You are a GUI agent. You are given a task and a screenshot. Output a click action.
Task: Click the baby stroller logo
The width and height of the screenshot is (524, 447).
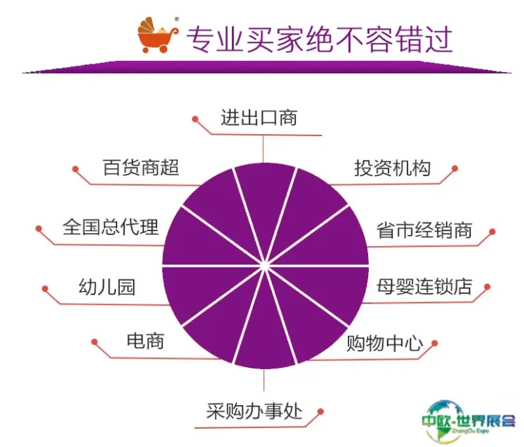(x=158, y=35)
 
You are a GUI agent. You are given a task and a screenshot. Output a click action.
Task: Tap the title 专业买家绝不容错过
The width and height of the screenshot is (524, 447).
(x=319, y=40)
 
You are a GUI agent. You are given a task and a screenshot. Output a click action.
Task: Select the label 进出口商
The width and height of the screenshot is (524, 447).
(x=259, y=118)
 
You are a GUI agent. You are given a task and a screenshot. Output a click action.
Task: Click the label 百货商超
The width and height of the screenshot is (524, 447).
(x=141, y=168)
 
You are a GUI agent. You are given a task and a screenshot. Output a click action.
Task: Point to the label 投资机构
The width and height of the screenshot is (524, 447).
(x=392, y=168)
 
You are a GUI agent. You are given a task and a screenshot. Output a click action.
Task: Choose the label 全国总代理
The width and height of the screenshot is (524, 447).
(x=111, y=227)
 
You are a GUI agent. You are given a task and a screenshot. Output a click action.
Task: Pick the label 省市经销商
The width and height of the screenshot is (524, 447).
(x=424, y=230)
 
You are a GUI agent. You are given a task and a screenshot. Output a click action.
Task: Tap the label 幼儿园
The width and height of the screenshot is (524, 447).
(x=107, y=287)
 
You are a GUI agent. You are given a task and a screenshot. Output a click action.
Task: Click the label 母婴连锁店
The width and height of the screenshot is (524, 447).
(x=424, y=287)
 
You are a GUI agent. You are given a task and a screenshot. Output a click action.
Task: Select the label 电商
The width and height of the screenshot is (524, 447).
(x=145, y=341)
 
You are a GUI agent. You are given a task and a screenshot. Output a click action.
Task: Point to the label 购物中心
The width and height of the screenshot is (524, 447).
(x=384, y=343)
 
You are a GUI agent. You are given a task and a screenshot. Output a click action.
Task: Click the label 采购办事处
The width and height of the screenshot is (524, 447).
(x=254, y=411)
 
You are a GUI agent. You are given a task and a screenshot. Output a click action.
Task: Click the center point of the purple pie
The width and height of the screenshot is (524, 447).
(x=265, y=266)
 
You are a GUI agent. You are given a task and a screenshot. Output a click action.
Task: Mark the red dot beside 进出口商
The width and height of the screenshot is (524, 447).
(x=195, y=119)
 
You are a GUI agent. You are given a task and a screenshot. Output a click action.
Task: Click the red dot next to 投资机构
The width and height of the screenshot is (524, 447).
(x=455, y=169)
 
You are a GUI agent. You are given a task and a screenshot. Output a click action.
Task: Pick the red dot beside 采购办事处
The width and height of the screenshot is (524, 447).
(x=320, y=412)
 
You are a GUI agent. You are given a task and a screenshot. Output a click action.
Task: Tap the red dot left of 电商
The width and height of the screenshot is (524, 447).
(x=94, y=342)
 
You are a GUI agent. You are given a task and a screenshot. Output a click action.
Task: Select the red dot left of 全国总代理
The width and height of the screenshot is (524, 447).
(x=39, y=228)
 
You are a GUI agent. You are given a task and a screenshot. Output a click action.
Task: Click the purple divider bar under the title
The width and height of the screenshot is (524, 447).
(x=267, y=67)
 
